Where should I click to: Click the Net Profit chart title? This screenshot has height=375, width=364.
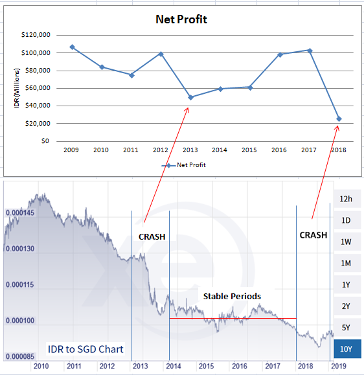(181, 19)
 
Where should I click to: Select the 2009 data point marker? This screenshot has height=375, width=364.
(73, 47)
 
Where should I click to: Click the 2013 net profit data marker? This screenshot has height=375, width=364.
(190, 97)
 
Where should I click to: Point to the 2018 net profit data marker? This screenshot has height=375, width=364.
(339, 119)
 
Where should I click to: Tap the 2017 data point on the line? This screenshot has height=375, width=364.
(310, 51)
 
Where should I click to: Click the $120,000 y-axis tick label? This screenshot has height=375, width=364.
(36, 35)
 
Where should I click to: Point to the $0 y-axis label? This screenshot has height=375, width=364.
(45, 141)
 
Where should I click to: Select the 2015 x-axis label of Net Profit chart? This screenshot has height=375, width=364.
(249, 150)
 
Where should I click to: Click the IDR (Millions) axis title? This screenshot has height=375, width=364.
(16, 88)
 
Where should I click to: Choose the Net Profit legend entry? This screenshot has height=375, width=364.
(183, 165)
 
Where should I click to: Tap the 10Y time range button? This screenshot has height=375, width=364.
(347, 349)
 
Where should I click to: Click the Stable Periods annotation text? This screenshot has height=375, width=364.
(232, 297)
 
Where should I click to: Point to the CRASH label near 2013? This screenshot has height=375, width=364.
(152, 237)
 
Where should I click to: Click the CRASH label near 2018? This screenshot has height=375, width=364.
(313, 235)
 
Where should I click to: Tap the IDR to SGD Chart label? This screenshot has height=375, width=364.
(85, 349)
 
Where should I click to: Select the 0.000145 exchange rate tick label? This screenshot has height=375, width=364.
(20, 212)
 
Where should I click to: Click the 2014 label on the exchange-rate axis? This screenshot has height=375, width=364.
(174, 366)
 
